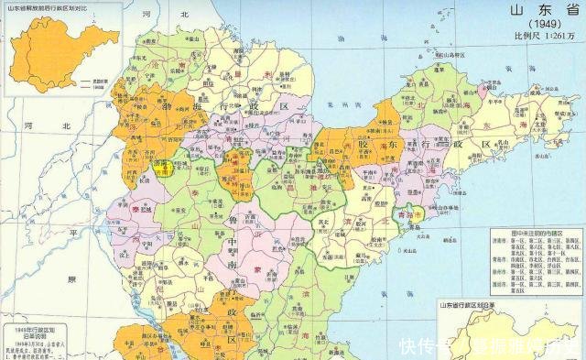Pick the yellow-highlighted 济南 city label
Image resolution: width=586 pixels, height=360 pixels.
pyautogui.click(x=168, y=166)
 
